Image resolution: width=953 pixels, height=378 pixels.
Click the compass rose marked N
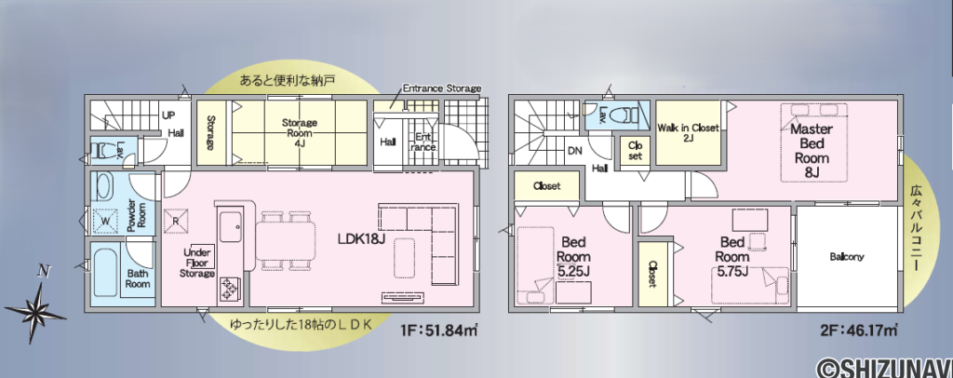36,302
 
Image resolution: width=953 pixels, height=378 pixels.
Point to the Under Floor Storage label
197,262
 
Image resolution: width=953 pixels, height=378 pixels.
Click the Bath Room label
138,277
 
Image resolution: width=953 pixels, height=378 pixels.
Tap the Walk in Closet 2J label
688,132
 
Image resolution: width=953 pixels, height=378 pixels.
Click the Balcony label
847,256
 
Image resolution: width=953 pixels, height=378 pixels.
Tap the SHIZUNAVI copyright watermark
880,366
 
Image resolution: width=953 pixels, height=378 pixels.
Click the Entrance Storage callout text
442,88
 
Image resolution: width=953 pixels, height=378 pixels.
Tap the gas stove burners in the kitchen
229,290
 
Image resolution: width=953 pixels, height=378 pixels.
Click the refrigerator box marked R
175,222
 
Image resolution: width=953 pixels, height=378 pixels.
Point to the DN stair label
576,148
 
